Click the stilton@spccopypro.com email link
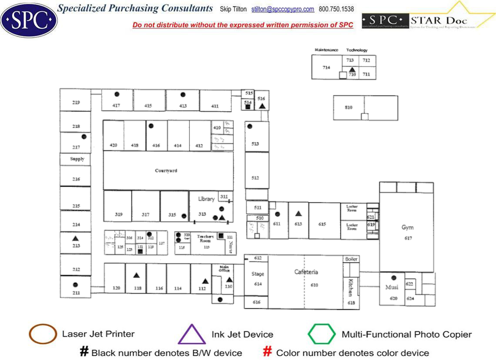[x=283, y=9]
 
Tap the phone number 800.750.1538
[x=336, y=9]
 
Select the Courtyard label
[x=166, y=171]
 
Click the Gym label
[x=407, y=227]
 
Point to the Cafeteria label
[x=306, y=272]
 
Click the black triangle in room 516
[x=262, y=106]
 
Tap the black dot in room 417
[x=117, y=94]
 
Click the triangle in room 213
[x=75, y=238]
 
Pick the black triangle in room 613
[x=298, y=213]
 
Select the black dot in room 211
[x=75, y=285]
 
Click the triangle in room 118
[x=136, y=275]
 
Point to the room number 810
[x=349, y=107]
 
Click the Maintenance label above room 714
[x=326, y=50]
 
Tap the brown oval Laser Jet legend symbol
[x=43, y=334]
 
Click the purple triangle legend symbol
[x=191, y=334]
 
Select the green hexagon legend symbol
[x=322, y=334]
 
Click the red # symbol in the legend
[x=268, y=352]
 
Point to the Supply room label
[x=77, y=159]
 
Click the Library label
[x=206, y=199]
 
